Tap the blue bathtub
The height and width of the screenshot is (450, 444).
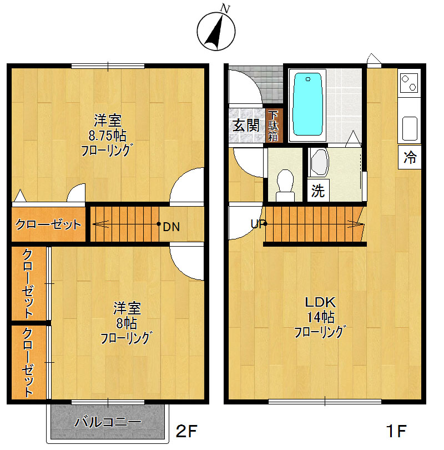pos(308,104)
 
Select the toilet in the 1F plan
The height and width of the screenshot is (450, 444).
pos(285,185)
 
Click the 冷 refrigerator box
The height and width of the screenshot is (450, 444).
pos(410,157)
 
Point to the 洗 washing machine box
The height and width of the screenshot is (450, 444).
pos(318,191)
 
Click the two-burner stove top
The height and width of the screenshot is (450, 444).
pos(410,83)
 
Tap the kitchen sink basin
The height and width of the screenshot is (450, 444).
pos(410,128)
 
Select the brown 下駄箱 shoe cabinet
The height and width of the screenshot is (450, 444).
pos(273,126)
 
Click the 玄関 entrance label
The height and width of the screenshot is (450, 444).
pos(246,126)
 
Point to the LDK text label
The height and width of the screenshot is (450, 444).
pos(320,302)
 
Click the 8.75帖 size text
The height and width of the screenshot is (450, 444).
pos(107,136)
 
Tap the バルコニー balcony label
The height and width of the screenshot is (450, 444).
pos(108,422)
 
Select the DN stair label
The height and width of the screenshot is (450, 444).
pos(171,227)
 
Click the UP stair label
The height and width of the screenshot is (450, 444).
pos(258,224)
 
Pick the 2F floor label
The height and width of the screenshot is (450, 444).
pos(186,431)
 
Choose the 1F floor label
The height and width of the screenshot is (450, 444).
pos(396,431)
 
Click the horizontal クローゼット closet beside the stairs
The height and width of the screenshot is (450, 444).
pos(48,224)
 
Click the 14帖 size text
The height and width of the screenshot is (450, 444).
pos(321,317)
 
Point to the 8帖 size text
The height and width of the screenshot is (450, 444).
pos(127,323)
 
